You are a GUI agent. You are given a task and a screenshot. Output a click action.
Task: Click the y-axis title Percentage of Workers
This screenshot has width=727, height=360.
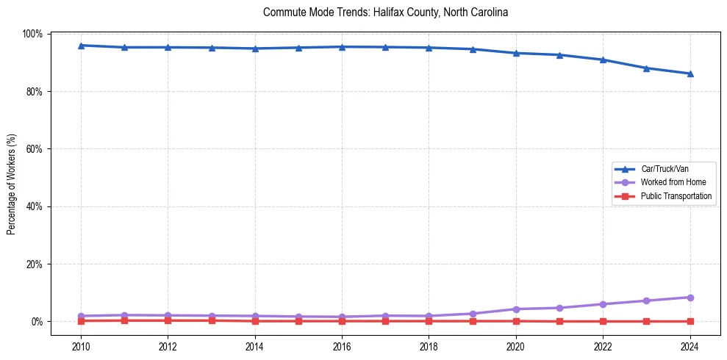[11, 184]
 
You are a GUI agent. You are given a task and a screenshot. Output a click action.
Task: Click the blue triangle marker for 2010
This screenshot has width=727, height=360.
[81, 46]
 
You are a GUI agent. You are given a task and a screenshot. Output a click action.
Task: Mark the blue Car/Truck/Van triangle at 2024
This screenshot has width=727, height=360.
[690, 73]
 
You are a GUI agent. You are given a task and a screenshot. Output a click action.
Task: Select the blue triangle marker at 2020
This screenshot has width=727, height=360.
[516, 53]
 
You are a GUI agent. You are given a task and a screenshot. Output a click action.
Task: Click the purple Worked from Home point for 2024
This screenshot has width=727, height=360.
[690, 298]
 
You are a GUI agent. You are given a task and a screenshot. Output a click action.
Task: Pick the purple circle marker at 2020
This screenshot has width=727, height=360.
[516, 309]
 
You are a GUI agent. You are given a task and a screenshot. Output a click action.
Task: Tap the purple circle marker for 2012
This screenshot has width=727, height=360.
[168, 316]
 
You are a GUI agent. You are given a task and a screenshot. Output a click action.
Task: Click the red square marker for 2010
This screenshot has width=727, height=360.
[81, 321]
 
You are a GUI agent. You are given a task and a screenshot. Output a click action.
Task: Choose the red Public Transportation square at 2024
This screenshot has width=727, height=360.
[690, 321]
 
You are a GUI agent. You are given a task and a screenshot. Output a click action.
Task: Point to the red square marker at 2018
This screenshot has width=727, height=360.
[429, 321]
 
